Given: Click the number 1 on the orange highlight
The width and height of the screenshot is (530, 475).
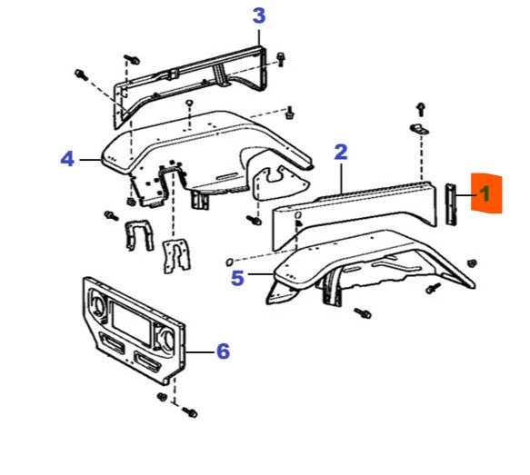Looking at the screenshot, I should point(485,193).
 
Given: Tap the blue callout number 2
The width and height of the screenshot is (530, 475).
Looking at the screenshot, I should point(341,152).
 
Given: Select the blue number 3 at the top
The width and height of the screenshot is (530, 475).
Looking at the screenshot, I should point(259,15).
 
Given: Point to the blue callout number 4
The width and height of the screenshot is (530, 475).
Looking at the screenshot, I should point(66,159).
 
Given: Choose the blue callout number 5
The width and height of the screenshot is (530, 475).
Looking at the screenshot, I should point(237,278).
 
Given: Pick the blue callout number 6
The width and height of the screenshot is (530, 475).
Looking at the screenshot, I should point(223,351).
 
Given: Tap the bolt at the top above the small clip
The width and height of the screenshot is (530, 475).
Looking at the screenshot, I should point(420,107).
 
